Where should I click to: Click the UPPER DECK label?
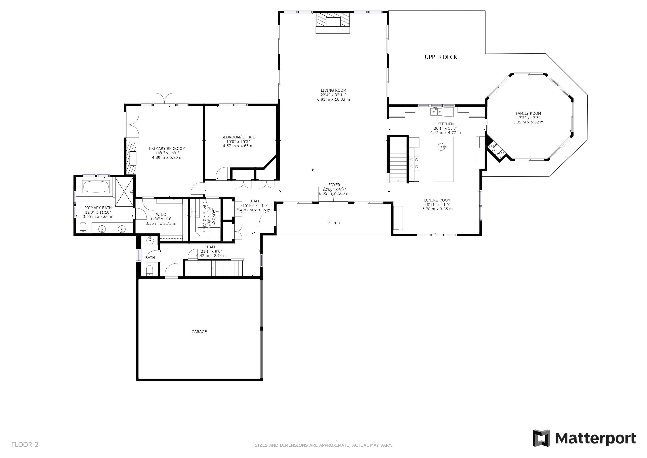[x=441, y=57]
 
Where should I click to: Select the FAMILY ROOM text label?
[x=528, y=113]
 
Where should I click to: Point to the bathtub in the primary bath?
[x=96, y=187]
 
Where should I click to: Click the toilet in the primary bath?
[x=83, y=228]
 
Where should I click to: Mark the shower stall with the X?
[x=124, y=192]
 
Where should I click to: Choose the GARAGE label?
[x=199, y=332]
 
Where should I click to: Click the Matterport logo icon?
[x=541, y=438]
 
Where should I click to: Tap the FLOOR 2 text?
[x=25, y=445]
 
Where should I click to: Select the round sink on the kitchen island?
[x=441, y=146]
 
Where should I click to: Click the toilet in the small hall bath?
[x=149, y=270]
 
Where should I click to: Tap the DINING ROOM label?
[x=437, y=200]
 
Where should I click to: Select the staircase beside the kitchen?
[x=398, y=159]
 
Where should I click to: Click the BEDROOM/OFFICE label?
[x=238, y=137]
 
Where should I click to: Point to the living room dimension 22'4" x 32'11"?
[x=333, y=95]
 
